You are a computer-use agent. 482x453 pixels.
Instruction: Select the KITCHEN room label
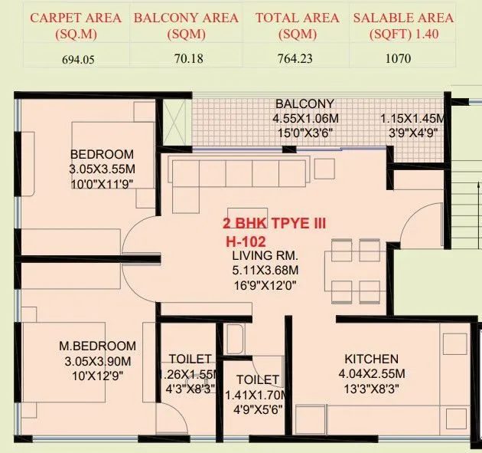pos(371,359)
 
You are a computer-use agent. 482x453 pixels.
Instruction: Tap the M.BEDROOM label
pos(97,346)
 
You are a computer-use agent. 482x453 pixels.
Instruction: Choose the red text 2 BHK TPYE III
pos(274,223)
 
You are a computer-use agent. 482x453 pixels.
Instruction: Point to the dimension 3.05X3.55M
pos(102,169)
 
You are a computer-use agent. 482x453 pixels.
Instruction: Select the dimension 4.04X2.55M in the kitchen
pos(371,373)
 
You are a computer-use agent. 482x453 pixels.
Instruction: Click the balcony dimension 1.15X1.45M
pos(414,119)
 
